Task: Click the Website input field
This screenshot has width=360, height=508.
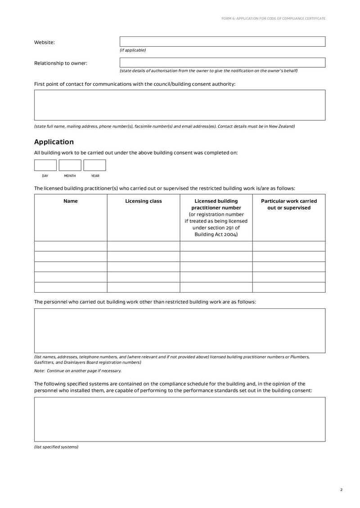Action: point(222,42)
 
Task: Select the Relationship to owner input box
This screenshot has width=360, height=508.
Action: point(222,62)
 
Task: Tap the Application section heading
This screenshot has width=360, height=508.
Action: point(54,142)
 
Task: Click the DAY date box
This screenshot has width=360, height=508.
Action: point(45,165)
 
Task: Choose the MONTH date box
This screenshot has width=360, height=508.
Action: point(70,165)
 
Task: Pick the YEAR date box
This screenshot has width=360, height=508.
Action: point(94,165)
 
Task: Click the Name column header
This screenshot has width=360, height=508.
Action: point(71,201)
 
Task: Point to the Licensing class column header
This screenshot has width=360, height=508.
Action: point(143,201)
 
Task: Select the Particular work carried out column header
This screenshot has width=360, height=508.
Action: point(289,205)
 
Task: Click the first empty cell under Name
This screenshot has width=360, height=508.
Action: point(71,246)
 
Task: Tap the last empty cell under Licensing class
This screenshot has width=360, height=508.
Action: point(143,287)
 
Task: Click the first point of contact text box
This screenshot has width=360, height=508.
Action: point(180,105)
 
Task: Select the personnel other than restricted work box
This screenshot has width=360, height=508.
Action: point(180,330)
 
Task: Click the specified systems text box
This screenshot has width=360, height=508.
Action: point(180,419)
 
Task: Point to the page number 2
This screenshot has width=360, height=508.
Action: point(342,490)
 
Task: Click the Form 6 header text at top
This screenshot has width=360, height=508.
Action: point(274,18)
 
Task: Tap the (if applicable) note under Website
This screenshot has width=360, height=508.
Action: point(133,50)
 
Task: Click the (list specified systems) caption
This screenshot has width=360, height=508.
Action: point(56,447)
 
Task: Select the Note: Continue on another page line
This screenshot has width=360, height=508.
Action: point(78,371)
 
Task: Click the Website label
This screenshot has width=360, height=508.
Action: point(45,42)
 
